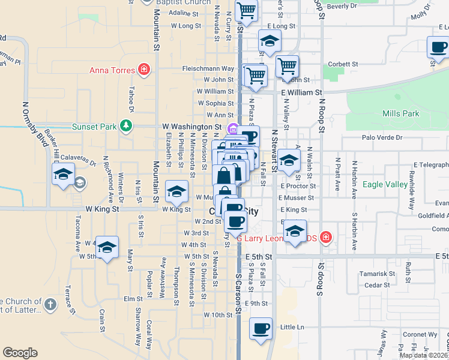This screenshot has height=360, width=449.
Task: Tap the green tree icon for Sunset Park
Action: click(x=126, y=125)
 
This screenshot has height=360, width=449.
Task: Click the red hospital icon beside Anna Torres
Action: click(x=143, y=70)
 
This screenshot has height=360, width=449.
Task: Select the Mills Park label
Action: click(x=400, y=113)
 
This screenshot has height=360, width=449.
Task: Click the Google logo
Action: click(x=20, y=353)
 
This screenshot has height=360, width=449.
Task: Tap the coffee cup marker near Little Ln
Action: click(x=261, y=329)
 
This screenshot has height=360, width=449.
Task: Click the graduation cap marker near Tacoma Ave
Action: click(x=107, y=247)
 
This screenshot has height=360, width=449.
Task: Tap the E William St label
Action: click(x=302, y=93)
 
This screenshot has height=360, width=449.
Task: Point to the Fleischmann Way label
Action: click(x=208, y=69)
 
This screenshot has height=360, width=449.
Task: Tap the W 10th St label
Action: click(x=217, y=314)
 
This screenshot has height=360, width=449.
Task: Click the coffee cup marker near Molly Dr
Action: click(x=438, y=47)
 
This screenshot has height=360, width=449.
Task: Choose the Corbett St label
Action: click(x=343, y=64)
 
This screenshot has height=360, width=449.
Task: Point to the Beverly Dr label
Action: click(x=342, y=6)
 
